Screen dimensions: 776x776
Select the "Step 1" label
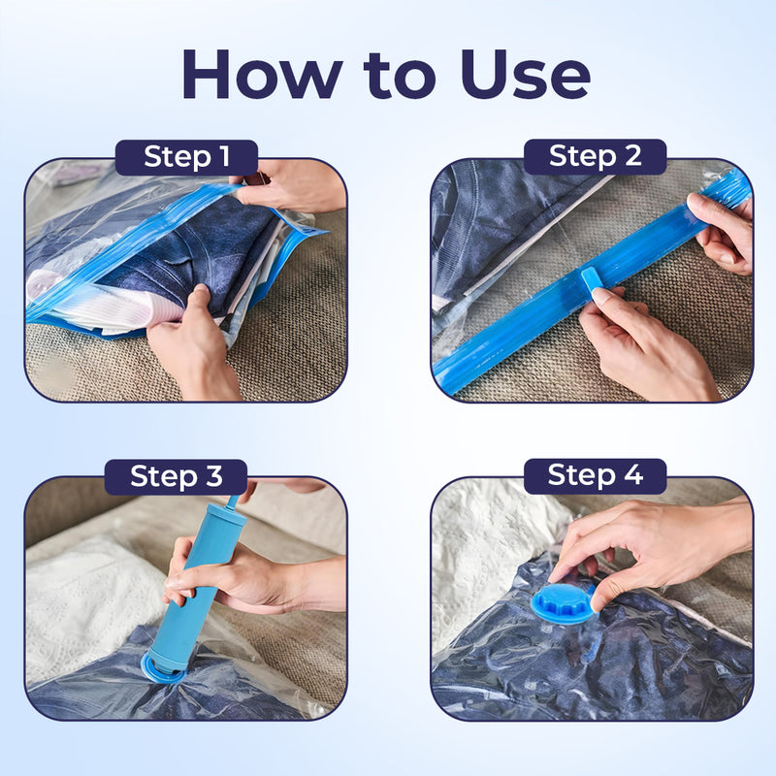186,157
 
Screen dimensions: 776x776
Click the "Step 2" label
595,156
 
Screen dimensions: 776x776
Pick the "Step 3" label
176,476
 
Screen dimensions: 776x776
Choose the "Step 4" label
595,475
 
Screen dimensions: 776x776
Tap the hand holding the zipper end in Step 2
723,233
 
